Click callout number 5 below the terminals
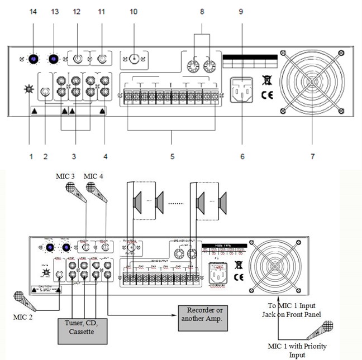click(x=171, y=157)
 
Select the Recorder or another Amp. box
click(x=204, y=314)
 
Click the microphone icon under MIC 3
click(x=75, y=191)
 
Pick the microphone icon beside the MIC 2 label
click(x=22, y=301)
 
